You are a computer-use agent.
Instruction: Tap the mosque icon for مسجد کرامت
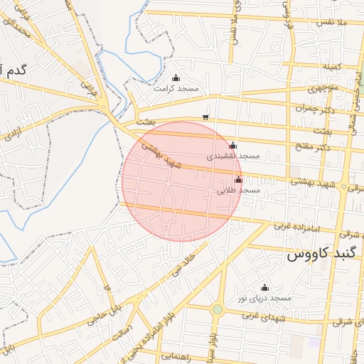pos(176,78)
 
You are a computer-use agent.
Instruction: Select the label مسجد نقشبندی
pos(233,155)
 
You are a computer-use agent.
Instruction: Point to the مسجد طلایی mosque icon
pos(238,180)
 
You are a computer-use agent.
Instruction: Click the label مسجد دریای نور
pos(265,298)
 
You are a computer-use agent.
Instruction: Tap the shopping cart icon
pos(205,117)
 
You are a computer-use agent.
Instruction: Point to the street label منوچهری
pos(325,90)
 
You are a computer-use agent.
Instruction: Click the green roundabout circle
pos(218,309)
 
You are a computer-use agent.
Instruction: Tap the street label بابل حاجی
pos(105,314)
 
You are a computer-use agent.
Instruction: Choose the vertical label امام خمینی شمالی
pos(353,107)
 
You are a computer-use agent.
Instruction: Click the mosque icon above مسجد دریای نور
pos(265,287)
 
